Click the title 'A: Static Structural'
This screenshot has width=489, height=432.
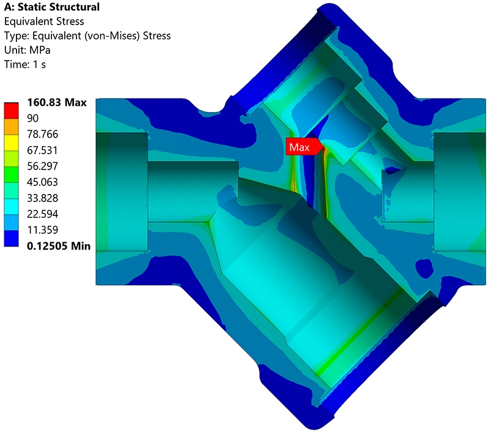click(x=52, y=7)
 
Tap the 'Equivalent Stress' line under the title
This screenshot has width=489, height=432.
click(x=44, y=21)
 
